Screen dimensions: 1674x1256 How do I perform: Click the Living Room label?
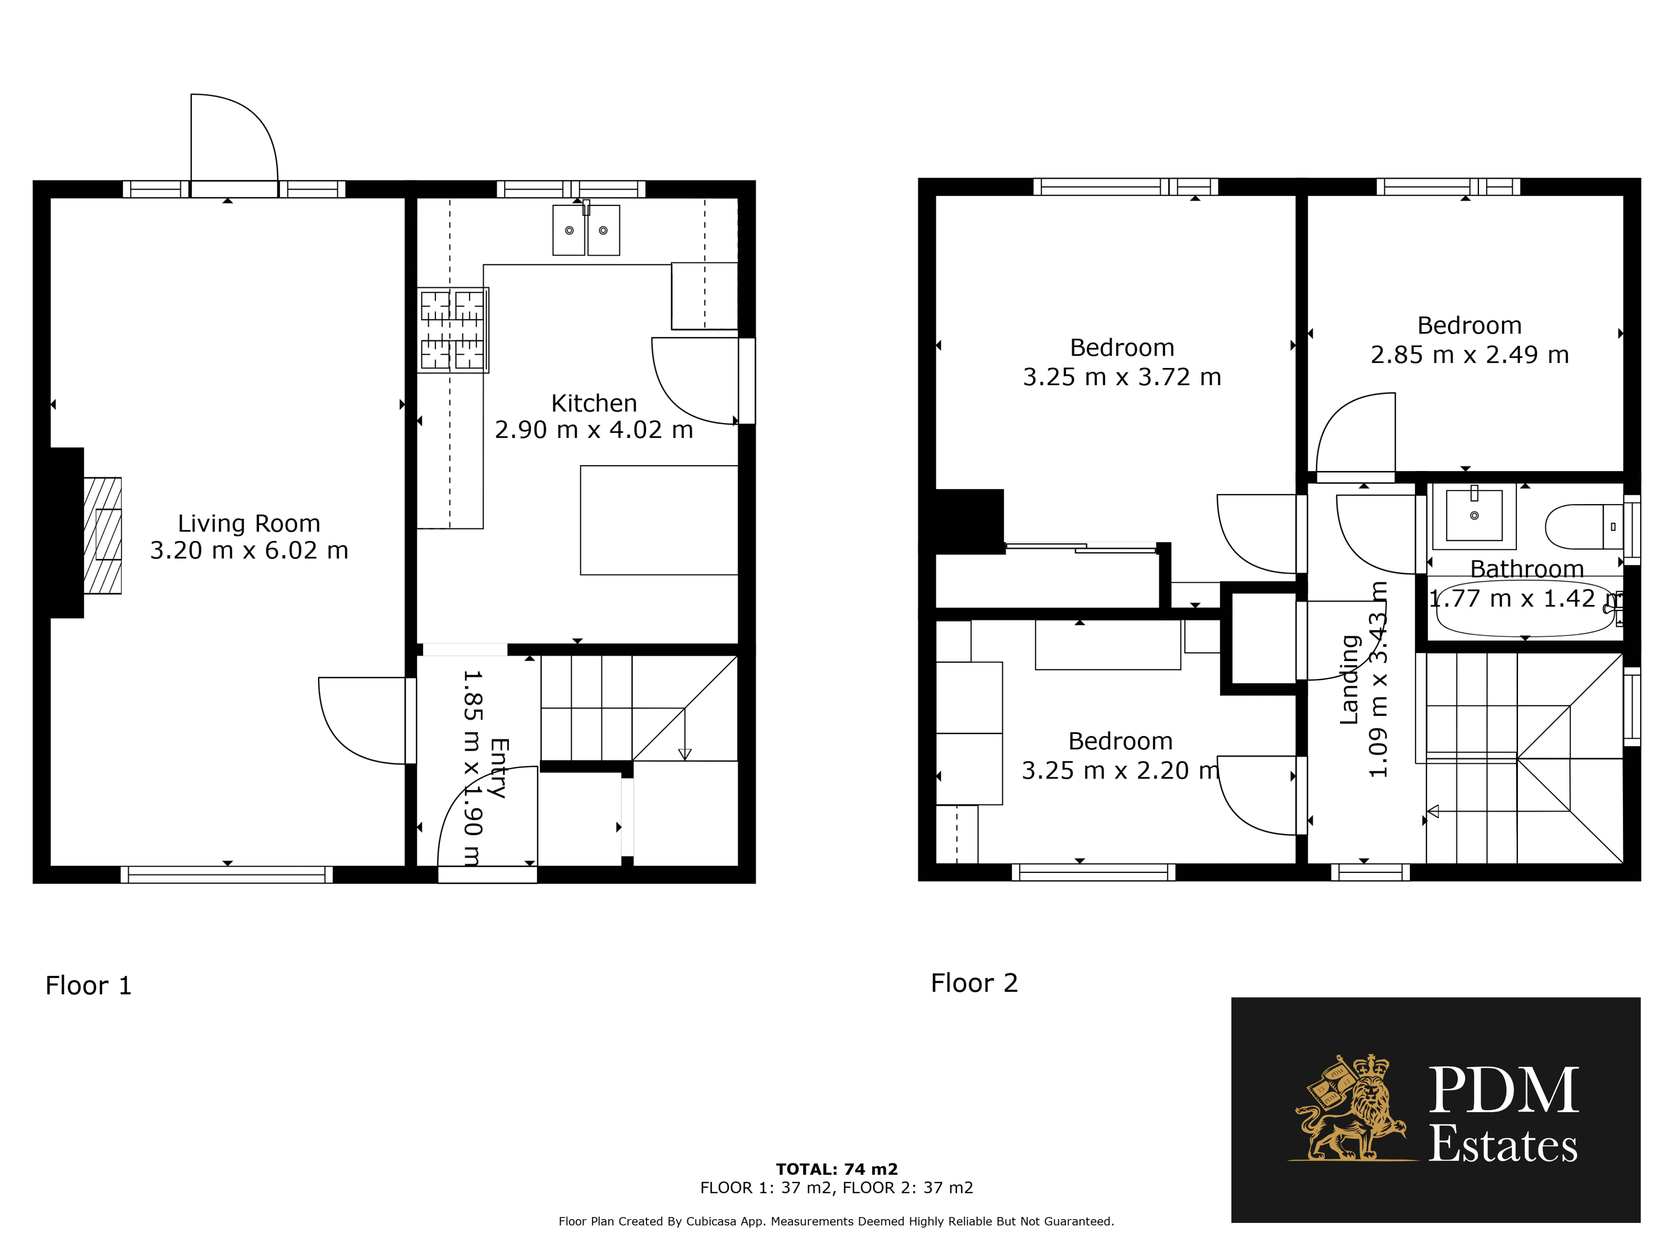tap(249, 523)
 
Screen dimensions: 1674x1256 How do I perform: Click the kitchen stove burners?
tap(452, 330)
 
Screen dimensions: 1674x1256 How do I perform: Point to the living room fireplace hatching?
tap(102, 535)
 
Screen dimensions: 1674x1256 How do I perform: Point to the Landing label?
tap(1349, 680)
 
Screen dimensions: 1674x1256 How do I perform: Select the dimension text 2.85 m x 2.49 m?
tap(1470, 355)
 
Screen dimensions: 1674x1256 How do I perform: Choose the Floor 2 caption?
tap(974, 983)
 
